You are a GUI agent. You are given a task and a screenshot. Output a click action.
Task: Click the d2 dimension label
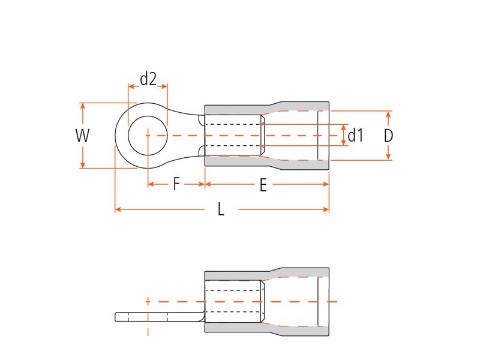pyautogui.click(x=148, y=79)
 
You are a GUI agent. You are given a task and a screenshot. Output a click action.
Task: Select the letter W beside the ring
pyautogui.click(x=83, y=136)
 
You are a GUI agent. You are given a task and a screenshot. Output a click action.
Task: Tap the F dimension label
pyautogui.click(x=176, y=184)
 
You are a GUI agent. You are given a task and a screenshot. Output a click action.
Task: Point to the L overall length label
pyautogui.click(x=221, y=210)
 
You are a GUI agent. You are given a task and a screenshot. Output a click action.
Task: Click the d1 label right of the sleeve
pyautogui.click(x=356, y=136)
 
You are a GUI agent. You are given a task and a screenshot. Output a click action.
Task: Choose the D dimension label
pyautogui.click(x=388, y=136)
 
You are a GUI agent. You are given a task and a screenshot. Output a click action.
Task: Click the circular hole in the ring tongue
pyautogui.click(x=148, y=136)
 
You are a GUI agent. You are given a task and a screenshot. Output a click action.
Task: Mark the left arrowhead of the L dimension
pyautogui.click(x=118, y=209)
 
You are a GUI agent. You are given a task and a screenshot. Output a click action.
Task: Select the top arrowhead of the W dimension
pyautogui.click(x=83, y=106)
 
